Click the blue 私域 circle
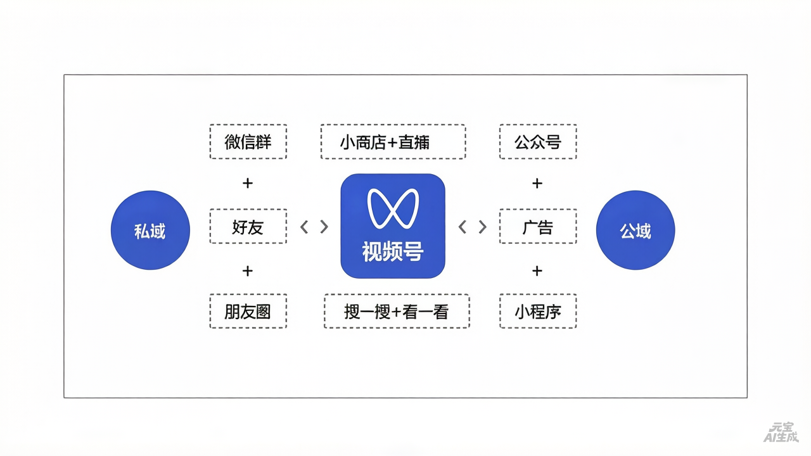pyautogui.click(x=150, y=231)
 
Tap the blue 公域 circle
pyautogui.click(x=635, y=231)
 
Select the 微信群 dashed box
pyautogui.click(x=248, y=142)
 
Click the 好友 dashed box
pyautogui.click(x=248, y=226)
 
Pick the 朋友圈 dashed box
pyautogui.click(x=248, y=311)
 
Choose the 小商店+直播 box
pyautogui.click(x=393, y=142)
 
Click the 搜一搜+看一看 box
pyautogui.click(x=397, y=311)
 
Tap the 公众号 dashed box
pyautogui.click(x=538, y=142)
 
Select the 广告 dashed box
pyautogui.click(x=538, y=226)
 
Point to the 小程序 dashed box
pyautogui.click(x=538, y=311)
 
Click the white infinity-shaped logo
pyautogui.click(x=393, y=208)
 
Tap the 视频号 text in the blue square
pyautogui.click(x=393, y=251)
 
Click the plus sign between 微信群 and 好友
pyautogui.click(x=248, y=184)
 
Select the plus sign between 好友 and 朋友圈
pyautogui.click(x=248, y=271)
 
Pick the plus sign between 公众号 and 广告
pyautogui.click(x=537, y=184)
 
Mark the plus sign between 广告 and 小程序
pyautogui.click(x=537, y=271)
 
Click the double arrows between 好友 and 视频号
pyautogui.click(x=314, y=227)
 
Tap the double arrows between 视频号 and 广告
pyautogui.click(x=473, y=227)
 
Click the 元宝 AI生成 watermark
pyautogui.click(x=781, y=433)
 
